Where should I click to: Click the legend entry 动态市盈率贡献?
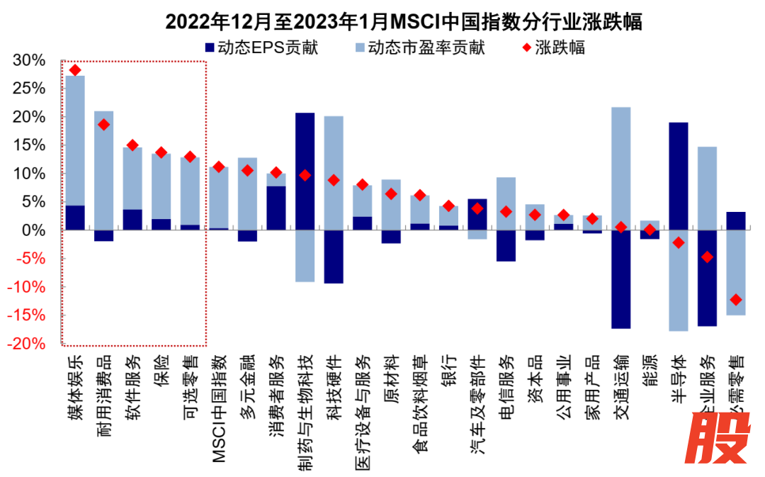point(418,48)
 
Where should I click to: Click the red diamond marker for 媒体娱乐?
point(75,69)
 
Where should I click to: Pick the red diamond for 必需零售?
point(736,299)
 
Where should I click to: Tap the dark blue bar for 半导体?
point(678,176)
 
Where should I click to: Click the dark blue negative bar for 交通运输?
point(620,279)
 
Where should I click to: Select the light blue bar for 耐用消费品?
point(104,170)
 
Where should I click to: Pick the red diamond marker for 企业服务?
point(707,257)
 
